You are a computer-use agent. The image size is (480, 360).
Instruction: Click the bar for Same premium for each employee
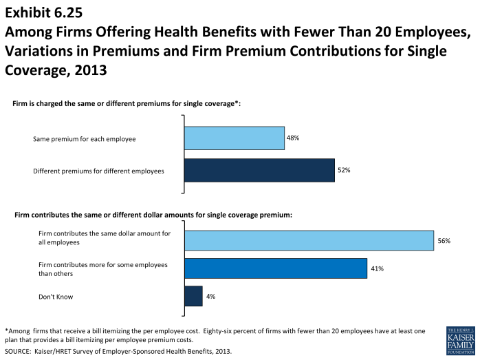234,138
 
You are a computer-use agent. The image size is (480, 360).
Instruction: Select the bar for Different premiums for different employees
259,170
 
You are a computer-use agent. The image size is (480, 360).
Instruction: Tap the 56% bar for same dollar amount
309,240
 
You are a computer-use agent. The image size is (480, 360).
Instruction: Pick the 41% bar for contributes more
275,268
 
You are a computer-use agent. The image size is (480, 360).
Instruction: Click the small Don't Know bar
193,296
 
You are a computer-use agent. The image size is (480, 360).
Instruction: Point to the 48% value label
293,138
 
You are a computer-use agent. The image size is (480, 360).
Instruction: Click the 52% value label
343,170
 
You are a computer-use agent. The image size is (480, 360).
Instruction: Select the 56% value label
444,240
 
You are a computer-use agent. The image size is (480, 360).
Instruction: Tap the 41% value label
376,268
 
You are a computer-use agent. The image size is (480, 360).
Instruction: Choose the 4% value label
210,296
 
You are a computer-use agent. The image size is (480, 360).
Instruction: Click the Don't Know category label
56,297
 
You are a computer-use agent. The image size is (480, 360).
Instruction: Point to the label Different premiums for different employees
98,171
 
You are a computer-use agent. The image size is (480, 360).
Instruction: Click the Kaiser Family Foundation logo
460,341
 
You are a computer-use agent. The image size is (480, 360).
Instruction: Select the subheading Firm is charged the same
127,103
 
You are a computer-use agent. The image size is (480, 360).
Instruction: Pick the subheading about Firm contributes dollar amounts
153,215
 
